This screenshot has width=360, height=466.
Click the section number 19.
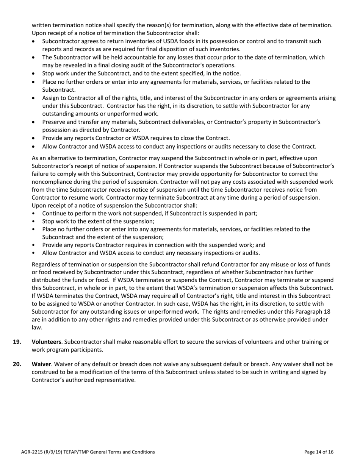tap(17, 342)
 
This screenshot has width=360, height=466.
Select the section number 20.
tap(17, 364)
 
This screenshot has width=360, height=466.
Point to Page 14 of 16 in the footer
tap(319, 452)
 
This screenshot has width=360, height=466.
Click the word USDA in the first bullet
tap(148, 41)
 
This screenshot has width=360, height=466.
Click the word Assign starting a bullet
tap(51, 98)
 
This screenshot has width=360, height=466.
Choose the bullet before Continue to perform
tap(34, 213)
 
